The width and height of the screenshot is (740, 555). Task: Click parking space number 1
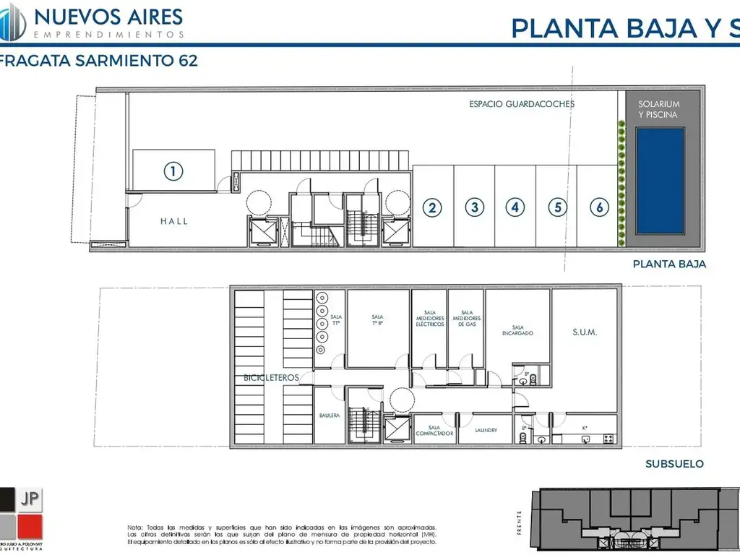pyautogui.click(x=173, y=171)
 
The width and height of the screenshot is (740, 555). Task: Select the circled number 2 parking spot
pyautogui.click(x=432, y=208)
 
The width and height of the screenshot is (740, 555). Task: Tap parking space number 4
pyautogui.click(x=515, y=207)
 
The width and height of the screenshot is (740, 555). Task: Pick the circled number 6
pyautogui.click(x=599, y=207)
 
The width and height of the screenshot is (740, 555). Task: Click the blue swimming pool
pyautogui.click(x=659, y=181)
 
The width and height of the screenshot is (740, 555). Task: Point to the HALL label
pyautogui.click(x=174, y=221)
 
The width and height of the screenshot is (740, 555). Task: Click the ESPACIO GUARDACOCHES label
pyautogui.click(x=522, y=104)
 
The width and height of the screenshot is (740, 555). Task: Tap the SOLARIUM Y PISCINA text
pyautogui.click(x=659, y=109)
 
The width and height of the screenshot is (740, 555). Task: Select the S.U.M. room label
pyautogui.click(x=585, y=332)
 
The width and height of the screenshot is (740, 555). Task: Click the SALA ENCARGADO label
pyautogui.click(x=517, y=330)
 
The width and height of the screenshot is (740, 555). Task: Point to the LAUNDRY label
pyautogui.click(x=486, y=431)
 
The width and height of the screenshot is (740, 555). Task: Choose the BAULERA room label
pyautogui.click(x=330, y=416)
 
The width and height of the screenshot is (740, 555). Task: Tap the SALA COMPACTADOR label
pyautogui.click(x=434, y=430)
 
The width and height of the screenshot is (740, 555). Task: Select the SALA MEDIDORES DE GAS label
pyautogui.click(x=467, y=319)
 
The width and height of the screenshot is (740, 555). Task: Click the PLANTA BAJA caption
pyautogui.click(x=669, y=264)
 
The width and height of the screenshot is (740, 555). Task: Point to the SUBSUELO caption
pyautogui.click(x=674, y=464)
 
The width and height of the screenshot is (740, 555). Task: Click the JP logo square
pyautogui.click(x=30, y=498)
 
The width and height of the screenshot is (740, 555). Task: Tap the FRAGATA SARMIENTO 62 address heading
pyautogui.click(x=99, y=61)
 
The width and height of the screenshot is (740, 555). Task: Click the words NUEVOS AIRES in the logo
pyautogui.click(x=108, y=16)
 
